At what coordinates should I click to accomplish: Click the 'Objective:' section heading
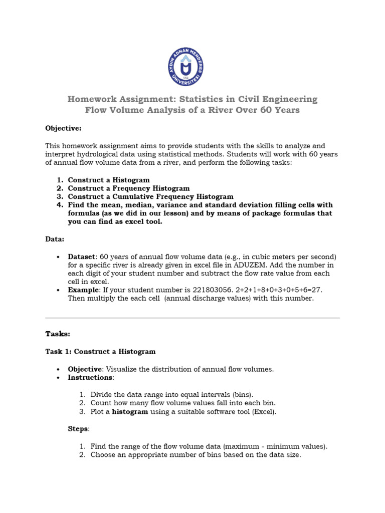pos(63,128)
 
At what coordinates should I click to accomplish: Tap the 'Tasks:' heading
pos(58,334)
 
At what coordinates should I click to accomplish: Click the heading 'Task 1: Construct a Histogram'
pos(100,352)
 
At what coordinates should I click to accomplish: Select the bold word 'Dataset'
pos(82,256)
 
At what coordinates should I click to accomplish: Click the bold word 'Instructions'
pos(90,378)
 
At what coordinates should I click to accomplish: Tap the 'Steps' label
pos(78,429)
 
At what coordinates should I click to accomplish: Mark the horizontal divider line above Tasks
pos(192,318)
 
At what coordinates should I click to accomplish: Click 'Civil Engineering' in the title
pos(274,99)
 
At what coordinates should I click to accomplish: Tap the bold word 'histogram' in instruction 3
pos(130,412)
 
